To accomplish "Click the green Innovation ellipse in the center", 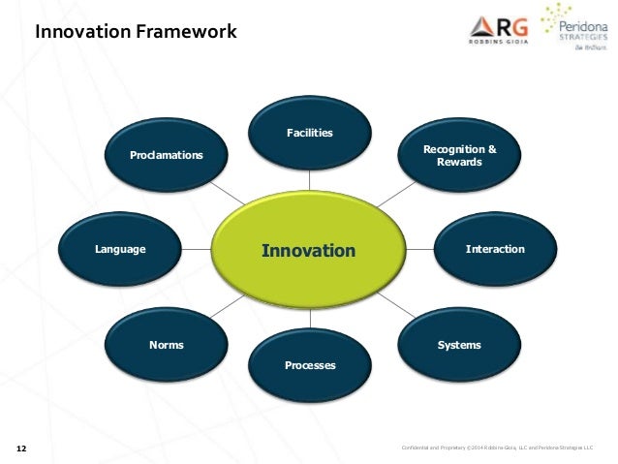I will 309,251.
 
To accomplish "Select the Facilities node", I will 309,133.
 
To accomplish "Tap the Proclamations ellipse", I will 167,155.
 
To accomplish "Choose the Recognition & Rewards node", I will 459,156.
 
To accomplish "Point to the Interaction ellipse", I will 494,250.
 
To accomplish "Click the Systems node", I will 459,345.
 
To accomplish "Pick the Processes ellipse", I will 310,365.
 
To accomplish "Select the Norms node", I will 167,345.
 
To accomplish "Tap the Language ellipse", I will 121,250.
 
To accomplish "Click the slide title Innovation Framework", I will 136,32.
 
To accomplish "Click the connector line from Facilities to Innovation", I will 310,179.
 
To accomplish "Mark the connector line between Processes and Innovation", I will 310,320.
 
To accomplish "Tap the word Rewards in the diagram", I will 459,162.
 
